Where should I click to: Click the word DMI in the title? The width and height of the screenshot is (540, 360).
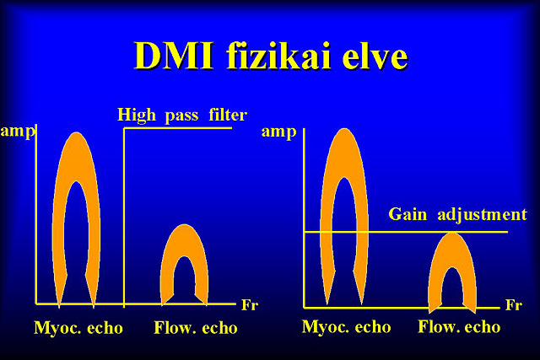(x=175, y=56)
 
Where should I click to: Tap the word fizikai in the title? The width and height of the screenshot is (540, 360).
(x=279, y=56)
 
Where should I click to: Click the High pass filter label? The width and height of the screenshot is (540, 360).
(x=182, y=115)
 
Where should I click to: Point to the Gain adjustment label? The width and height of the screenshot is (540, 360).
(x=457, y=214)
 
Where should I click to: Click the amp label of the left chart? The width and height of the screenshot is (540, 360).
(x=18, y=132)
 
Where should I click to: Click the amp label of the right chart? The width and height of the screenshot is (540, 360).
(x=279, y=132)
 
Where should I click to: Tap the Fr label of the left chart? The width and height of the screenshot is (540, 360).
(x=250, y=305)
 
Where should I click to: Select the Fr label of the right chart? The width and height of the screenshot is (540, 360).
(x=514, y=305)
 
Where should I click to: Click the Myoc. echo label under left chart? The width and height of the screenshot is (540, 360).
(x=78, y=328)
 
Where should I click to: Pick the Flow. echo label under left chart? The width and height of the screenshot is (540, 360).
(x=196, y=328)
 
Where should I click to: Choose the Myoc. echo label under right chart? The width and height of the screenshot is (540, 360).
(x=347, y=327)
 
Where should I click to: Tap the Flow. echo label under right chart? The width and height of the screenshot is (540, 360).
(x=459, y=327)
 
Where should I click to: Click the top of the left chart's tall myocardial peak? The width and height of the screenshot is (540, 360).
(x=77, y=133)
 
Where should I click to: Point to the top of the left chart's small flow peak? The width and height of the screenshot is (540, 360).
(x=185, y=225)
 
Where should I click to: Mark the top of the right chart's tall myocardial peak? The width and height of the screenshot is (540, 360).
(x=344, y=129)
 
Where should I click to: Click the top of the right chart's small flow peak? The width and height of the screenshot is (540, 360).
(x=452, y=234)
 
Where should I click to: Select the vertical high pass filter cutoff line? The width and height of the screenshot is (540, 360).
(x=124, y=218)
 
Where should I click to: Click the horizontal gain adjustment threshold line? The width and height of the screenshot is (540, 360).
(x=406, y=232)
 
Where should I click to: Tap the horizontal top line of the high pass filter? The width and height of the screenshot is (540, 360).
(x=178, y=128)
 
